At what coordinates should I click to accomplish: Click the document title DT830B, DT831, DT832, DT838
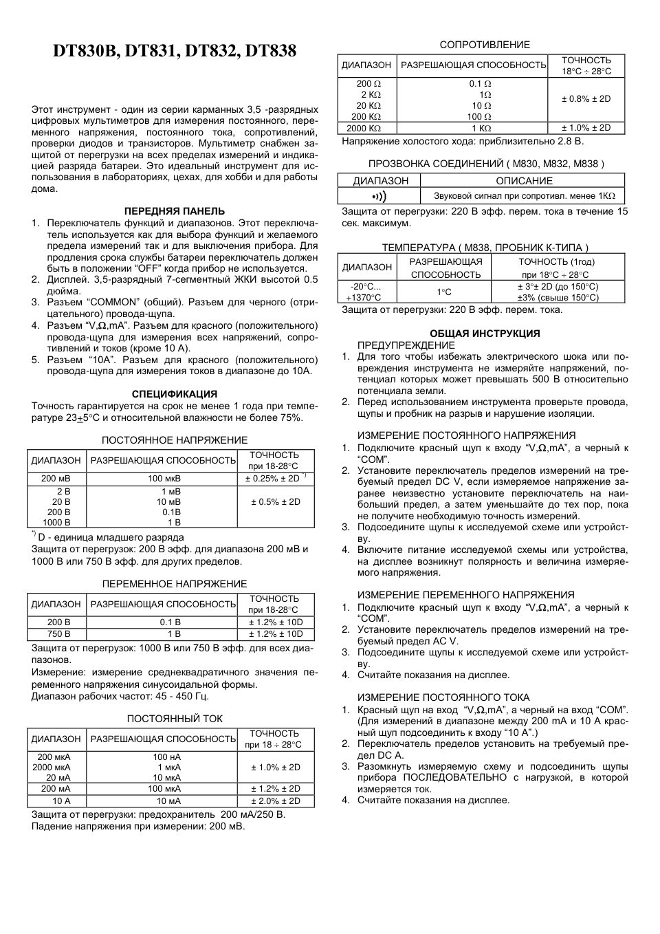175,52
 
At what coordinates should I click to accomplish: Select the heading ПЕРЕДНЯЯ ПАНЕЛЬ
174,211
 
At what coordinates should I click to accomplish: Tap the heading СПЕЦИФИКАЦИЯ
174,394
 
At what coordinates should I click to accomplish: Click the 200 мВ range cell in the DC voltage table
56,479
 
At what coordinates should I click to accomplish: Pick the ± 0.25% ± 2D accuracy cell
275,479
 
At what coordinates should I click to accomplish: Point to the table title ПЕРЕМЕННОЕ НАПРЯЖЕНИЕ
174,584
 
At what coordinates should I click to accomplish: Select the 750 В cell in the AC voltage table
56,633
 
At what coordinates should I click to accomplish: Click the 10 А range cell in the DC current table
56,801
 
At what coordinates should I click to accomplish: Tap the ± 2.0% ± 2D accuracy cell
275,801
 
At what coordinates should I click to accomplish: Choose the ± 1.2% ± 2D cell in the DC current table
275,789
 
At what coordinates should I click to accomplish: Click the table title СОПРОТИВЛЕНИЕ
485,45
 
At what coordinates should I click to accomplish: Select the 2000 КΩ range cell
364,128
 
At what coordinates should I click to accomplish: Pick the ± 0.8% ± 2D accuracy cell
586,99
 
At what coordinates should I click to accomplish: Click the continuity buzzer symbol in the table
379,196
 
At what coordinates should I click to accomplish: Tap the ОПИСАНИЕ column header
524,181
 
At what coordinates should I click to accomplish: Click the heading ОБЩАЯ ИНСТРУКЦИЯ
485,334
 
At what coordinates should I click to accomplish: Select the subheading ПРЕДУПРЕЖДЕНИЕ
406,345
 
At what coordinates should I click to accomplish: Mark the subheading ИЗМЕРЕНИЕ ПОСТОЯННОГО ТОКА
443,697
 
